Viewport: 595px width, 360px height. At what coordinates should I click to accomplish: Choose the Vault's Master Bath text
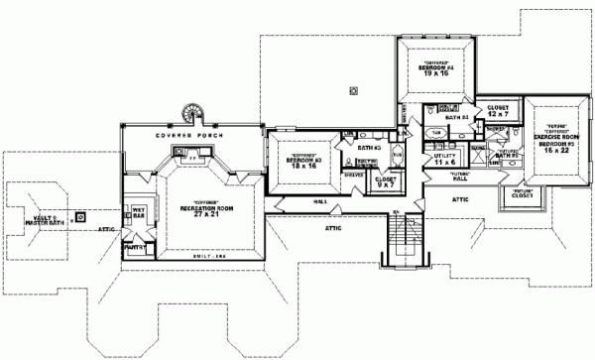click(x=44, y=220)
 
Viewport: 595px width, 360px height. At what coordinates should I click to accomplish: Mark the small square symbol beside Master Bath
click(x=82, y=215)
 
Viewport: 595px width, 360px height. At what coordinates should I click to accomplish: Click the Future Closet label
click(x=524, y=193)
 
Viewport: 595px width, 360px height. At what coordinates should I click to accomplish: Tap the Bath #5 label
click(x=507, y=155)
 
